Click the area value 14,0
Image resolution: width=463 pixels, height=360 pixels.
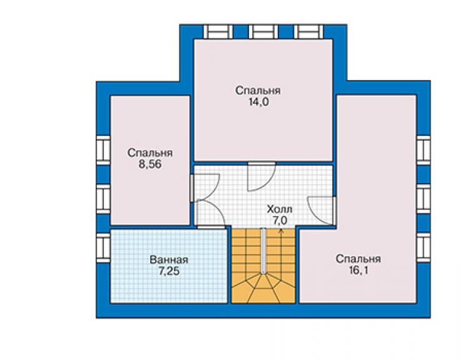coord(258,102)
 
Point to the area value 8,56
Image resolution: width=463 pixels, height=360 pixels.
coord(150,164)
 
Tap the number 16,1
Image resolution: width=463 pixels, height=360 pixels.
coord(358,270)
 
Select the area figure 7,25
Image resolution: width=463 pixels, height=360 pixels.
coord(169,271)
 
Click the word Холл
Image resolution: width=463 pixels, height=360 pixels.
coord(279,209)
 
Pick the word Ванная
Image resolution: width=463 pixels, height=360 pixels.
coord(169,260)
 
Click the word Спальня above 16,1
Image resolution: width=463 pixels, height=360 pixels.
coord(358,259)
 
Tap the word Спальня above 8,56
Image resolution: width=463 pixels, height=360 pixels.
coord(150,153)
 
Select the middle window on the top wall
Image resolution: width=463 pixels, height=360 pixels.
coord(263,32)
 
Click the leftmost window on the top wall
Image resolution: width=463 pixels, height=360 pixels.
coord(218,32)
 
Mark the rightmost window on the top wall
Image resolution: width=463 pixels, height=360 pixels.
coord(308,32)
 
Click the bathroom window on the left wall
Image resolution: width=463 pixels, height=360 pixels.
coord(103,248)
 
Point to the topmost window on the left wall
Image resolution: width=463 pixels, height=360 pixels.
coord(103,150)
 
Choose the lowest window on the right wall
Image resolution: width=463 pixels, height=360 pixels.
coord(424,248)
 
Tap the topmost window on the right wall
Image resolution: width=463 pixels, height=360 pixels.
coord(424,150)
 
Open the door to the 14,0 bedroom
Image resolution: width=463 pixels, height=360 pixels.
coord(262,177)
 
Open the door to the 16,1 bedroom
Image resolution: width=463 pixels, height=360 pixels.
coord(322,210)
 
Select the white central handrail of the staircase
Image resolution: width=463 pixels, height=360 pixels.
coord(263,250)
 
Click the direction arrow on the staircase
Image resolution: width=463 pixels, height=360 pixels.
coord(281,250)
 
